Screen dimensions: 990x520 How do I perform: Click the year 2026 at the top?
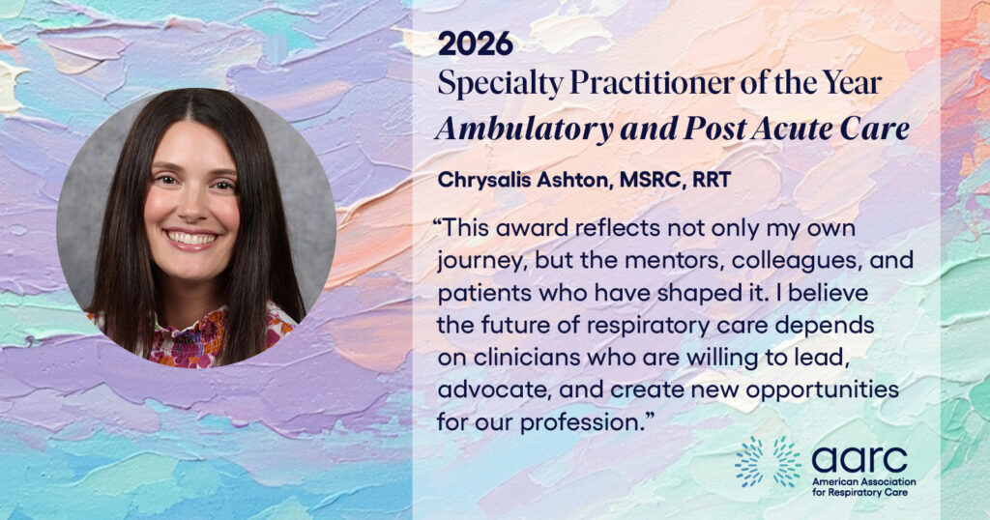click(476, 44)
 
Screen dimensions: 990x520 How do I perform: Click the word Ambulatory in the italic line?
click(524, 130)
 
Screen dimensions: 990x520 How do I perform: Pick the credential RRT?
click(712, 180)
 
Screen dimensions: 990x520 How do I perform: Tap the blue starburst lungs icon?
click(769, 462)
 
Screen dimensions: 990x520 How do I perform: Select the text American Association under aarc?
click(863, 482)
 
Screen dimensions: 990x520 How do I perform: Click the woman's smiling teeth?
click(190, 239)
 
